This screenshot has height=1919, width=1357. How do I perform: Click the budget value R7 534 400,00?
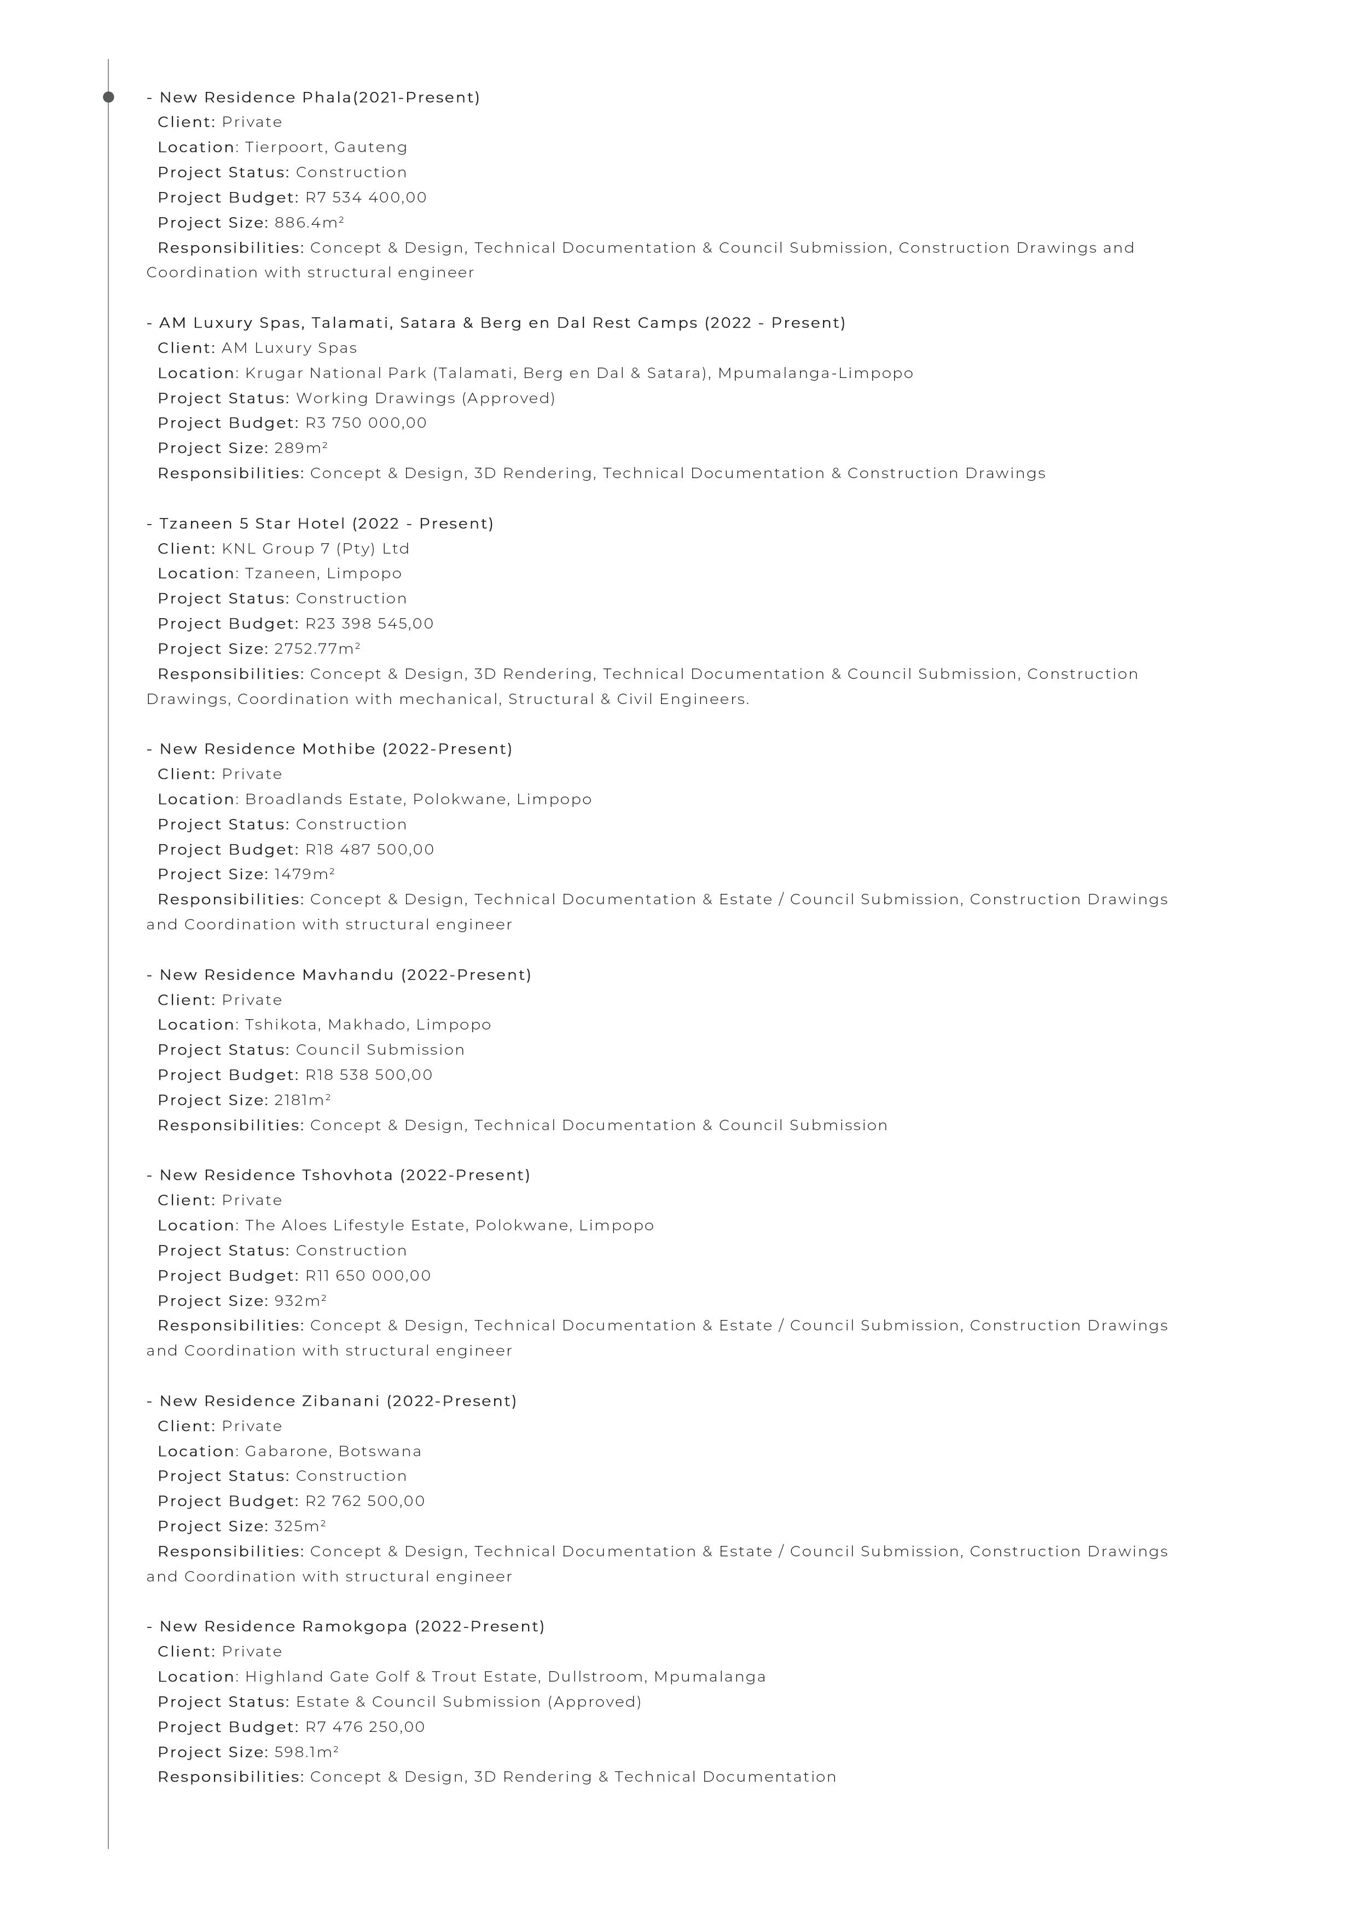point(366,198)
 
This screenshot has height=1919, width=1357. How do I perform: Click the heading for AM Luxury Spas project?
point(496,323)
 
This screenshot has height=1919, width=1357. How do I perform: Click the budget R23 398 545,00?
point(369,624)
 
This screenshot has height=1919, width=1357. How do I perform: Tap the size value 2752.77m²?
point(317,649)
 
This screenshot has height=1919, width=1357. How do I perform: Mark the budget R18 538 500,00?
point(369,1075)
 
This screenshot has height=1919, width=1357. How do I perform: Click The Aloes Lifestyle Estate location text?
point(355,1226)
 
